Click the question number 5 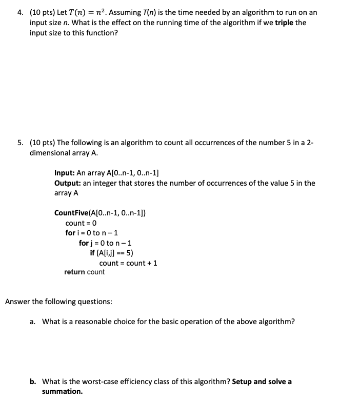21,143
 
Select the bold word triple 287,23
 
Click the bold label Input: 64,173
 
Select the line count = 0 81,223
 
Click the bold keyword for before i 70,233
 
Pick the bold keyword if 92,253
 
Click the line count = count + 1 128,263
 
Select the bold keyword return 74,272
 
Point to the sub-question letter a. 33,322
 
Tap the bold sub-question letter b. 33,382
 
